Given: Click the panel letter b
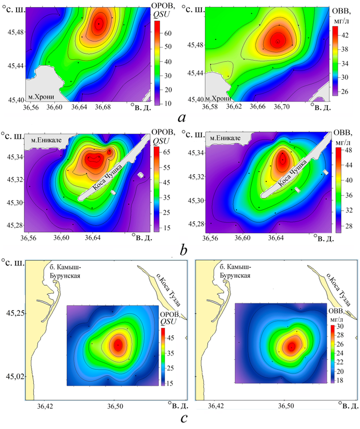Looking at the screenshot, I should [x=183, y=251].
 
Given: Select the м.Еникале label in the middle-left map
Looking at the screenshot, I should [x=45, y=139].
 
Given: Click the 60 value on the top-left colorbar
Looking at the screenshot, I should [x=168, y=33].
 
